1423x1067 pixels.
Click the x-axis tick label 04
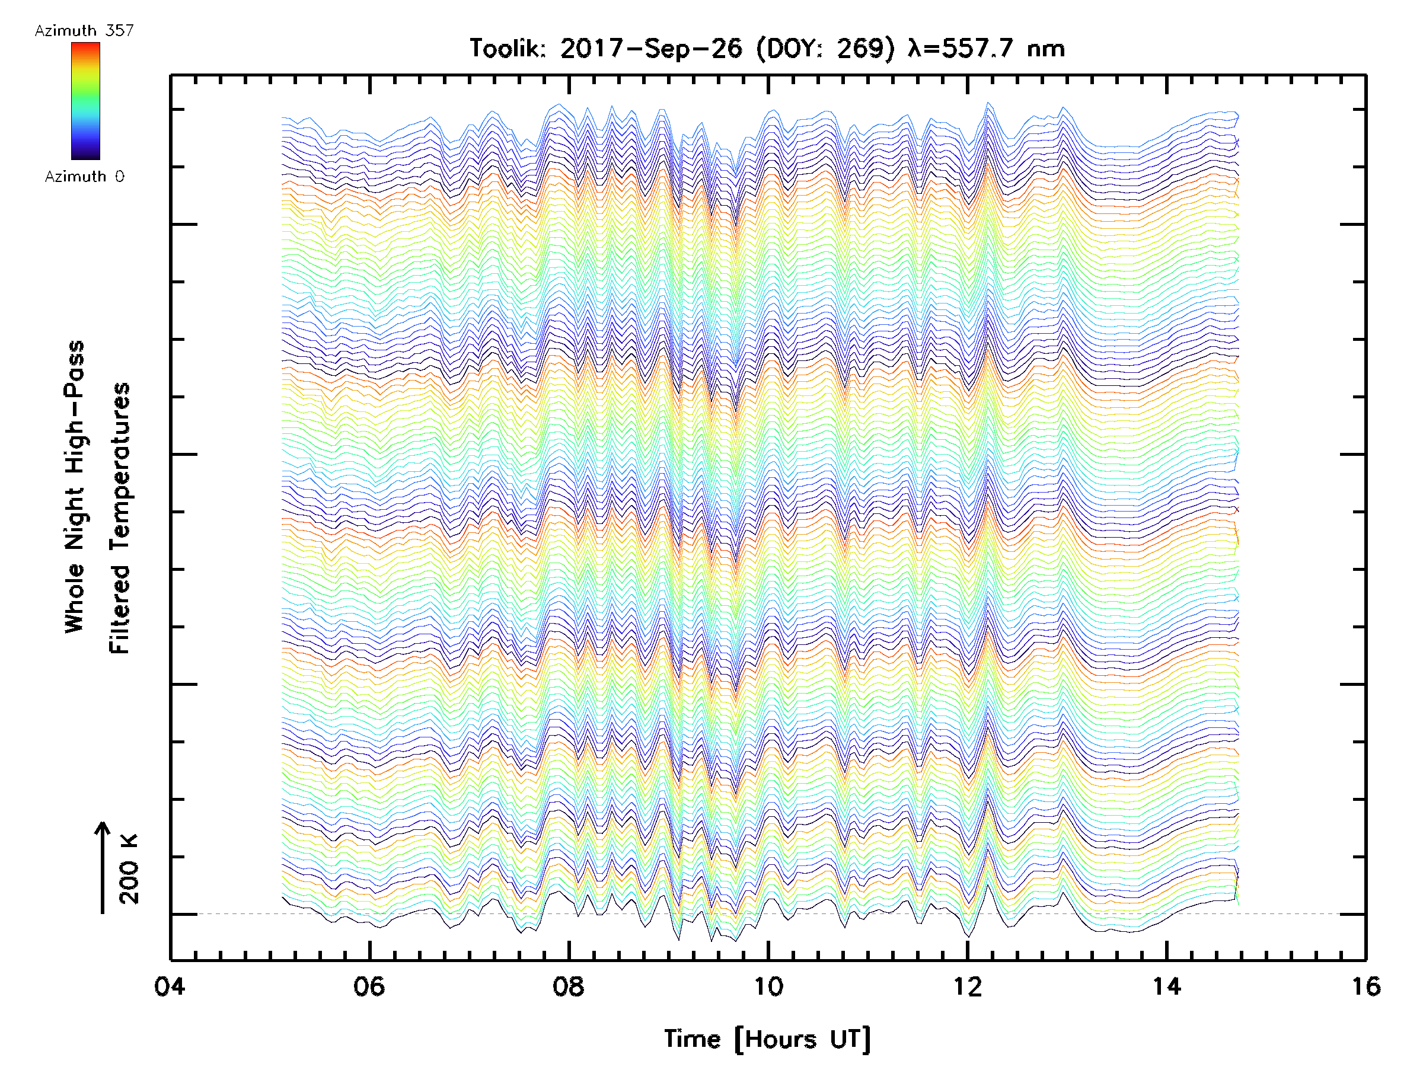coord(169,986)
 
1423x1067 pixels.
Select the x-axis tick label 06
coord(369,986)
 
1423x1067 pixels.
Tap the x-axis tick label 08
coord(568,986)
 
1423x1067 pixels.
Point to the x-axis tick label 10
coord(767,986)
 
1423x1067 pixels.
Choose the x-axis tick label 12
coord(967,986)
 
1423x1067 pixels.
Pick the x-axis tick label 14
coord(1166,986)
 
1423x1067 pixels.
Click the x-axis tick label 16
coord(1365,986)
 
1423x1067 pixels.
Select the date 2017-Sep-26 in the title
coord(650,48)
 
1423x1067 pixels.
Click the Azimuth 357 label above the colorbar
coord(84,30)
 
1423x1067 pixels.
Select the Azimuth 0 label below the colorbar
coord(84,176)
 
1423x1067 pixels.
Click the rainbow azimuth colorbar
coord(85,101)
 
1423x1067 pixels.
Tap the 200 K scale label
coord(129,869)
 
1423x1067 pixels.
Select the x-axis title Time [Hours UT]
coord(767,1039)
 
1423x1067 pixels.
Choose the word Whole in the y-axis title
coord(75,598)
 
